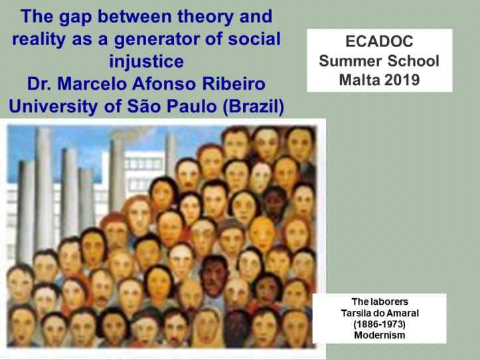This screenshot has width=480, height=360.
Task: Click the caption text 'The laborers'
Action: click(x=379, y=302)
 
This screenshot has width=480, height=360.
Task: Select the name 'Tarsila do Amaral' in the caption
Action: click(x=379, y=313)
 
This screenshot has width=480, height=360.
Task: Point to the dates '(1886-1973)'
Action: click(x=379, y=324)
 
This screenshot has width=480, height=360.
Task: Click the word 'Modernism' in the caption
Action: click(x=379, y=335)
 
